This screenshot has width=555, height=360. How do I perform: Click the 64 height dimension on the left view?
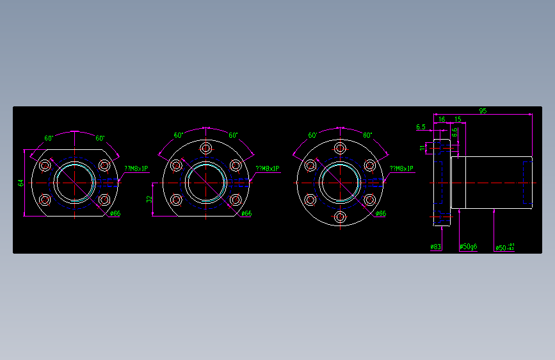coord(20,183)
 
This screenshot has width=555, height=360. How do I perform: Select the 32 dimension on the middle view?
coord(149,199)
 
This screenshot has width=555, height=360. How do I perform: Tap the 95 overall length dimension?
coord(482,111)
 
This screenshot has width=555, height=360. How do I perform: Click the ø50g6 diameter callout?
coord(468,247)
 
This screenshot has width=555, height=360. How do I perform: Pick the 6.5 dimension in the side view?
coord(421,127)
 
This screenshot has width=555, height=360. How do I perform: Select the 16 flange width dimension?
coord(442,119)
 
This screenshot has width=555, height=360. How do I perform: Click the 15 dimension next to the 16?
coord(458,119)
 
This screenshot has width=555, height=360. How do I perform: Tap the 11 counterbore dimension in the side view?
coord(422,148)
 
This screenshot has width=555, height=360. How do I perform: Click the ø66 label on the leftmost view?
coord(115,213)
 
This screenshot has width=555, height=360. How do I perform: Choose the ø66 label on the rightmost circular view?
coord(380,213)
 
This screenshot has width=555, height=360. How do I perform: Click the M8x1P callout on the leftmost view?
coord(136,168)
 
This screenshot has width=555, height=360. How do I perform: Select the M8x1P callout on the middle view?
coord(268,168)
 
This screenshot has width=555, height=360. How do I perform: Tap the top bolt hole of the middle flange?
coord(206,149)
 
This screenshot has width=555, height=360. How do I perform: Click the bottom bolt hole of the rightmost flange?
coord(341,217)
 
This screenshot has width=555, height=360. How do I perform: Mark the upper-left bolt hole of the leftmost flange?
coord(45,166)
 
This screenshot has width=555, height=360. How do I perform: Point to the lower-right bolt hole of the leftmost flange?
coord(104,200)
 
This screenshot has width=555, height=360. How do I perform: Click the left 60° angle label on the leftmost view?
coord(49,138)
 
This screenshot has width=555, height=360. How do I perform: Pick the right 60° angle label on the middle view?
coord(233,135)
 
